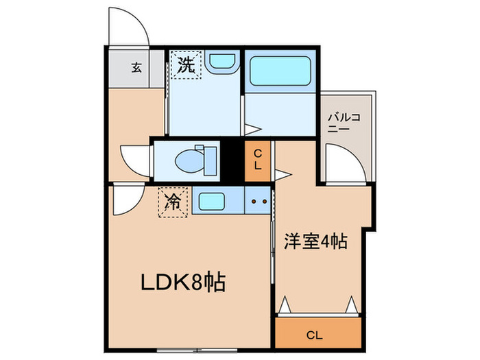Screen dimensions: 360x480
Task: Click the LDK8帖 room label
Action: tap(184, 282)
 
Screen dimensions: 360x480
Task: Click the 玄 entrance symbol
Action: tap(136, 67)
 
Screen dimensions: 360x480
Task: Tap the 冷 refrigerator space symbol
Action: tap(173, 202)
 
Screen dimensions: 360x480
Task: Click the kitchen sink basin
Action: tap(209, 202)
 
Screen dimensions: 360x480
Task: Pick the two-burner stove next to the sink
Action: tap(258, 202)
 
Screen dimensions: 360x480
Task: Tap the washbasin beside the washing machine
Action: tap(221, 62)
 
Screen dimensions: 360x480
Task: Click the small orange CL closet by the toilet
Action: tap(257, 160)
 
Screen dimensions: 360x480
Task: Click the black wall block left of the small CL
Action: tap(233, 160)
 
